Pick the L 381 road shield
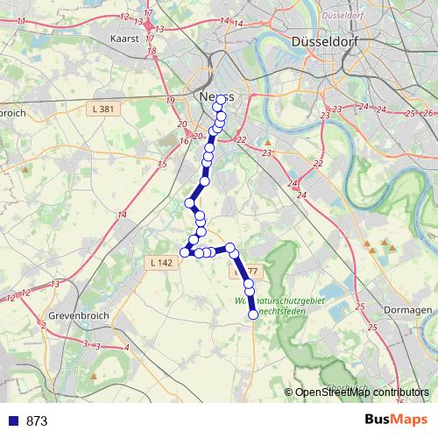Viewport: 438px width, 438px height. [x=103, y=109]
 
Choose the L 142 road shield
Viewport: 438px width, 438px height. [x=160, y=262]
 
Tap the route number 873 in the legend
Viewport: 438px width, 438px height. [x=37, y=420]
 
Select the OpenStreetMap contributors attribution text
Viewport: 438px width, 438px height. [x=362, y=392]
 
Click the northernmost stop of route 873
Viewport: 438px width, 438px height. [x=218, y=105]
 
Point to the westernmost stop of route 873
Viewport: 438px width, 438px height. [x=185, y=252]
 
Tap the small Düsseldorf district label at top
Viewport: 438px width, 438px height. [x=343, y=16]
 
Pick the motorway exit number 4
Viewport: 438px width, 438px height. [x=127, y=348]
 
